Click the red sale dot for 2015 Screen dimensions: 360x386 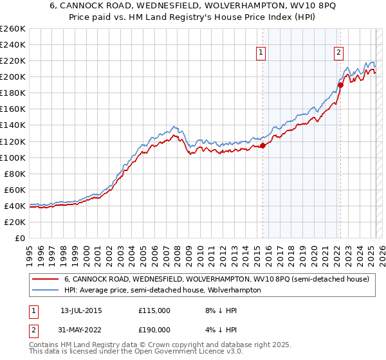[263, 145]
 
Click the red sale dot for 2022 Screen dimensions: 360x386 [341, 85]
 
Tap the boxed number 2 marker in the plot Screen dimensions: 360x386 [338, 53]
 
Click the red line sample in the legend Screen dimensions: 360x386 [44, 279]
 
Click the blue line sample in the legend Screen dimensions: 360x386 [44, 291]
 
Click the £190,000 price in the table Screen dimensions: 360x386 [154, 329]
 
